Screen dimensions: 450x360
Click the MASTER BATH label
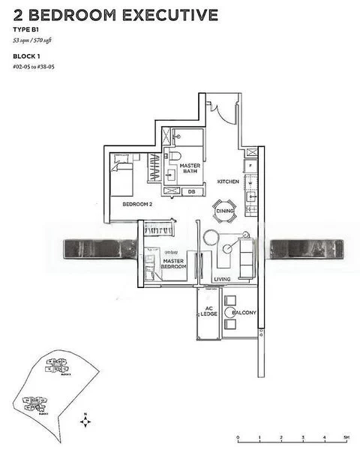[189, 168]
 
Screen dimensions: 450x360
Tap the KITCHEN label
[228, 182]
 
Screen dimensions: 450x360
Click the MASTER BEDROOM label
[175, 263]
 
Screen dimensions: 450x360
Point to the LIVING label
[222, 279]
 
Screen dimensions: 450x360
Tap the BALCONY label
[244, 312]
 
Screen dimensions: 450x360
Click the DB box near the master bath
[191, 191]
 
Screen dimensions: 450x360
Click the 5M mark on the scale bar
[346, 436]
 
